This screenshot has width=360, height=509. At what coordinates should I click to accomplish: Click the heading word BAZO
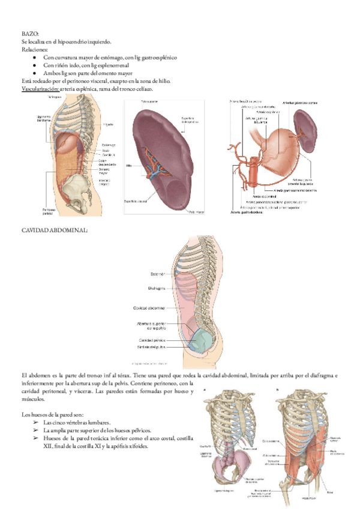(x=30, y=34)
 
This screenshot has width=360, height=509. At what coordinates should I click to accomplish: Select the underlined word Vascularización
(x=40, y=89)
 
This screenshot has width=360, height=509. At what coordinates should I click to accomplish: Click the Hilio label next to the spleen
(x=128, y=164)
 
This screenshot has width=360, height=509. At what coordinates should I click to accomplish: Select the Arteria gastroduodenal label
(x=248, y=211)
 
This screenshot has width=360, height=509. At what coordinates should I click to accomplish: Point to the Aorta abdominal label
(x=264, y=196)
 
